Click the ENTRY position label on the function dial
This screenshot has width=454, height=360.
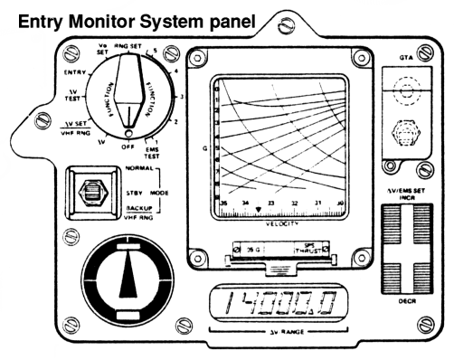(x=75, y=71)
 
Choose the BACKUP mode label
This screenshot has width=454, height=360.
(x=136, y=207)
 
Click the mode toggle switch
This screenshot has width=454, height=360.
(x=90, y=192)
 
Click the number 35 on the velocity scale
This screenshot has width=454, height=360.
(x=223, y=204)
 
